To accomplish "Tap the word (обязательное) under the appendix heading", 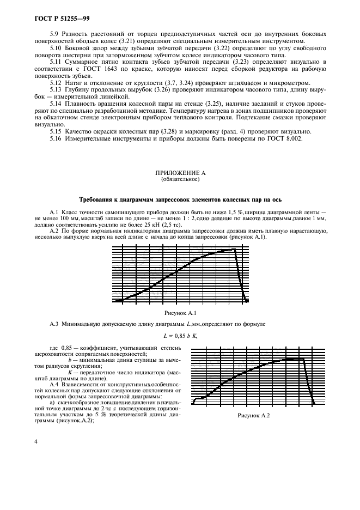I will coord(180,179).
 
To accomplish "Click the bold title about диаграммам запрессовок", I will coord(180,200).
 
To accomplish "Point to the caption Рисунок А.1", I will coord(180,313).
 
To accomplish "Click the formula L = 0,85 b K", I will coord(180,336).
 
